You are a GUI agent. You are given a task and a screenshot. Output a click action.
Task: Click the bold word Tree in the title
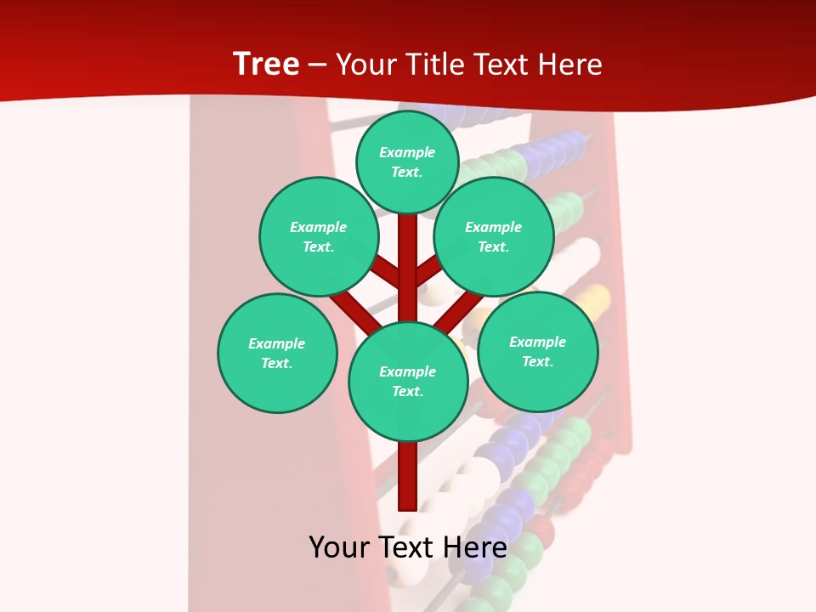pos(266,64)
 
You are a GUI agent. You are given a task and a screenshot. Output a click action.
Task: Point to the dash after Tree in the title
pos(318,65)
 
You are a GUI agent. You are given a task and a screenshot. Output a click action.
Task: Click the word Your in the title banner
pos(366,65)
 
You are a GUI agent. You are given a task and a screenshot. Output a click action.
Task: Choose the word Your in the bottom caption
pos(338,547)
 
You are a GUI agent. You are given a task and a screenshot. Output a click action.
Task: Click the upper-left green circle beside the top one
pos(319,236)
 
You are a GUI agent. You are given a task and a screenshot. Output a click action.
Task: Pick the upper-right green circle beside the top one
pos(494,236)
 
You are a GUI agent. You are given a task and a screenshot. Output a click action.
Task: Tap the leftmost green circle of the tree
pos(277,353)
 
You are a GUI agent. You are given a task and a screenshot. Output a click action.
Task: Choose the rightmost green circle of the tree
pos(537,351)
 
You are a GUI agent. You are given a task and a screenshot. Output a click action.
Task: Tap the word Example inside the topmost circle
pos(407,153)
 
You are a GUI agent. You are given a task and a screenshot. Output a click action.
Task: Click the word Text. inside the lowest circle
pos(407,392)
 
